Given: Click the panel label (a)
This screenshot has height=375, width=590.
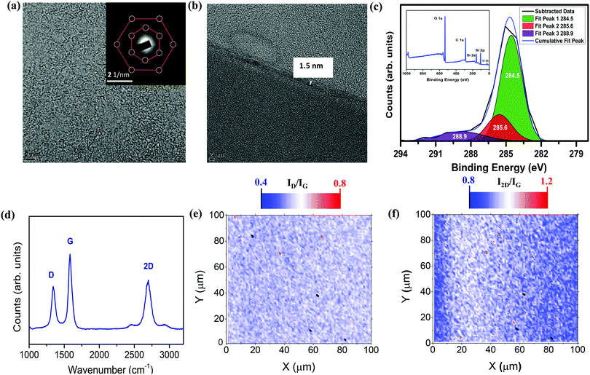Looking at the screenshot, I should click(x=9, y=9).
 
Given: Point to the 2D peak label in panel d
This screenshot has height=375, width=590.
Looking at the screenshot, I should click(x=148, y=267).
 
